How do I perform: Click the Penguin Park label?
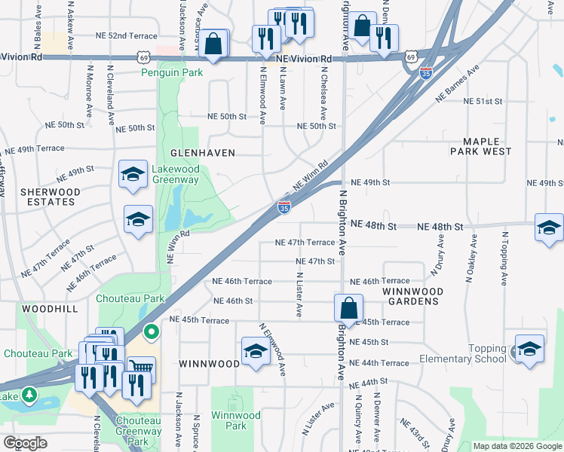tap(172, 73)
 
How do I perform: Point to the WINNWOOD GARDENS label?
tap(410, 296)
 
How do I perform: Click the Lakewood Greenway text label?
tap(175, 174)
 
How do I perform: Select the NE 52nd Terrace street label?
tap(126, 36)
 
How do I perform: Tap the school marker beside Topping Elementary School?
tap(529, 349)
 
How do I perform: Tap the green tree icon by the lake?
tap(29, 395)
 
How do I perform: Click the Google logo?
tap(25, 443)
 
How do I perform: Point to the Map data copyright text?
tap(517, 446)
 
